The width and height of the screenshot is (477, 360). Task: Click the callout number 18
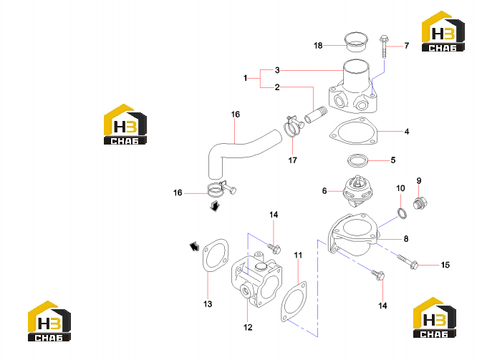coord(318,46)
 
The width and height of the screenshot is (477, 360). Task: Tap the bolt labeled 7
coord(384,47)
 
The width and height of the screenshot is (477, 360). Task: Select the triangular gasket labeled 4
coord(354,132)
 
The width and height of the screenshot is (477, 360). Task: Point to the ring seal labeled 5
coord(358,160)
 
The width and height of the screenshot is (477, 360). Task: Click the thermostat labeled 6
coord(357,192)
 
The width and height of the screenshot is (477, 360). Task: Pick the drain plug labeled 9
coord(420,203)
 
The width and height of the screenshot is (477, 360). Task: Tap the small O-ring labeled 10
coord(402,213)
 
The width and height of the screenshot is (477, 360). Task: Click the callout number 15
coord(445,265)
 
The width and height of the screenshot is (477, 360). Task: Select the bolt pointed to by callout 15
coord(408,262)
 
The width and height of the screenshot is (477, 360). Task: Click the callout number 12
coord(248,328)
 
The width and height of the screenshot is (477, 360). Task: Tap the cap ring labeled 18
coord(356,42)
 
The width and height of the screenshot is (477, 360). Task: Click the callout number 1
coord(246,78)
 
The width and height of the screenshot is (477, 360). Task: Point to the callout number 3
coord(277,70)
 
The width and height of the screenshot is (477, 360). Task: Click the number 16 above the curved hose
coord(236,115)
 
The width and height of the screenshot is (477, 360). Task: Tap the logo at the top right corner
coord(443,31)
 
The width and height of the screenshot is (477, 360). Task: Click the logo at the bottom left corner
coord(49,321)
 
